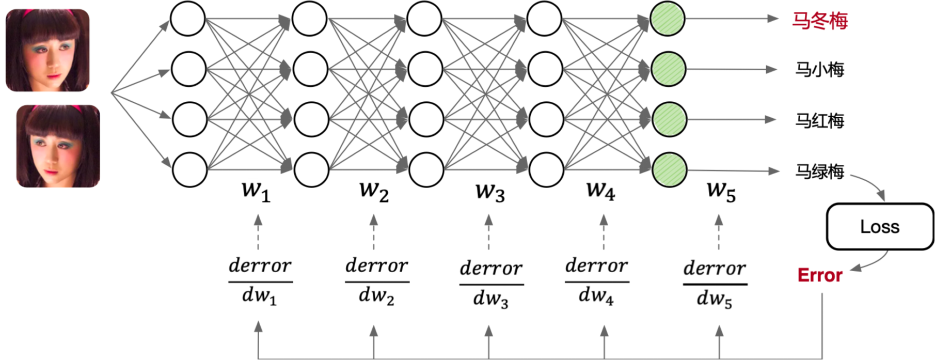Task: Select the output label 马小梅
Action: [819, 70]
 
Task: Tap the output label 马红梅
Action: [819, 121]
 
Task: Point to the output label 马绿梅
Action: [819, 171]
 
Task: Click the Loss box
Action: [880, 227]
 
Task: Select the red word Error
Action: [820, 275]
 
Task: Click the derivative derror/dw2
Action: [377, 281]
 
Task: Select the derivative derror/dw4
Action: [597, 281]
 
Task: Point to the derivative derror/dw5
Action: [715, 284]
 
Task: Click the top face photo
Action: [47, 50]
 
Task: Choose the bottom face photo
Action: [58, 146]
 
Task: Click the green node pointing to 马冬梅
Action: [668, 19]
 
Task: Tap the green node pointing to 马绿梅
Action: [669, 169]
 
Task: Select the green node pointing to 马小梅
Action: [668, 69]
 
